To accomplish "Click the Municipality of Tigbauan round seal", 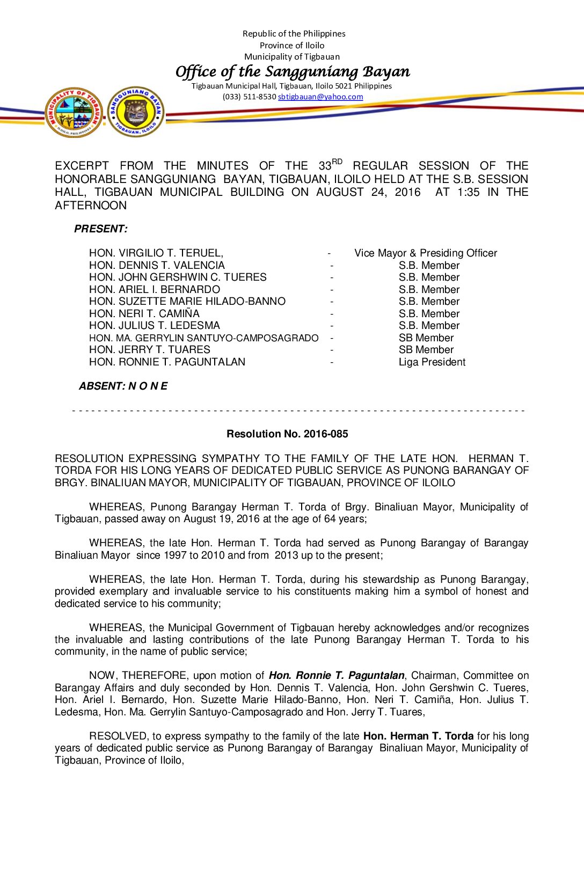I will (74, 113).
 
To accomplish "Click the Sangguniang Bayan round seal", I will (136, 112).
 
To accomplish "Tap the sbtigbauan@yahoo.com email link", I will (320, 97).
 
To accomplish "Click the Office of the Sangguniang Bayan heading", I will (293, 71).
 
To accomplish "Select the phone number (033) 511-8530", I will (249, 97).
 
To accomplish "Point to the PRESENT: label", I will (101, 229).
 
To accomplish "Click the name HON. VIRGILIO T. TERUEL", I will (156, 253).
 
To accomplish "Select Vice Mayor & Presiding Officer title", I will (426, 253).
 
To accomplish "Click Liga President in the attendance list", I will (432, 362).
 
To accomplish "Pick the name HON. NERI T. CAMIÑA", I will (144, 314).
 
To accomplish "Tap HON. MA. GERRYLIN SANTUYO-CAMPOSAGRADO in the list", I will (204, 338).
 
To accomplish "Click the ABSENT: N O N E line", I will (123, 386).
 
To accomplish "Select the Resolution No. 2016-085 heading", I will (287, 434).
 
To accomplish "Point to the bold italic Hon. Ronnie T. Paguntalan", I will (337, 676).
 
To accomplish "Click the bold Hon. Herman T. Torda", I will (418, 736).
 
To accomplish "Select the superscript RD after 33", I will (337, 162).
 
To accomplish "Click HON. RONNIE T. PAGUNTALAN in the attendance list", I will (167, 362).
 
